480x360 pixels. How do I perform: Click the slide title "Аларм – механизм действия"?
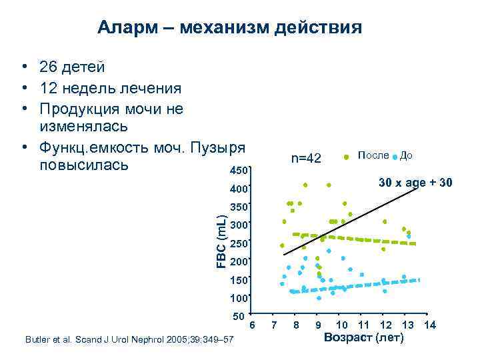click(x=229, y=28)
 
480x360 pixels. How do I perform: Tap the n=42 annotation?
click(x=306, y=158)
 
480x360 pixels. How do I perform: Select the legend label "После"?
click(x=373, y=155)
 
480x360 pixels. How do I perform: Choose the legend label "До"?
click(x=407, y=155)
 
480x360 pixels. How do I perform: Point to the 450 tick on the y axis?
click(x=239, y=171)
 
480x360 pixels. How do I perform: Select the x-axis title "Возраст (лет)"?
click(x=363, y=338)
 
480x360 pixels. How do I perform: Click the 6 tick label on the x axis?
click(x=252, y=325)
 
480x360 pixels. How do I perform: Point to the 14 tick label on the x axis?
click(x=430, y=325)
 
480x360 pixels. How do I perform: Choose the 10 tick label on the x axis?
click(x=342, y=325)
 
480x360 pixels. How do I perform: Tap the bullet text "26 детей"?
click(x=71, y=67)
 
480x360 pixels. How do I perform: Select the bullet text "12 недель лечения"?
click(x=110, y=87)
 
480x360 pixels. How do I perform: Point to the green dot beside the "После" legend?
click(x=346, y=157)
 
